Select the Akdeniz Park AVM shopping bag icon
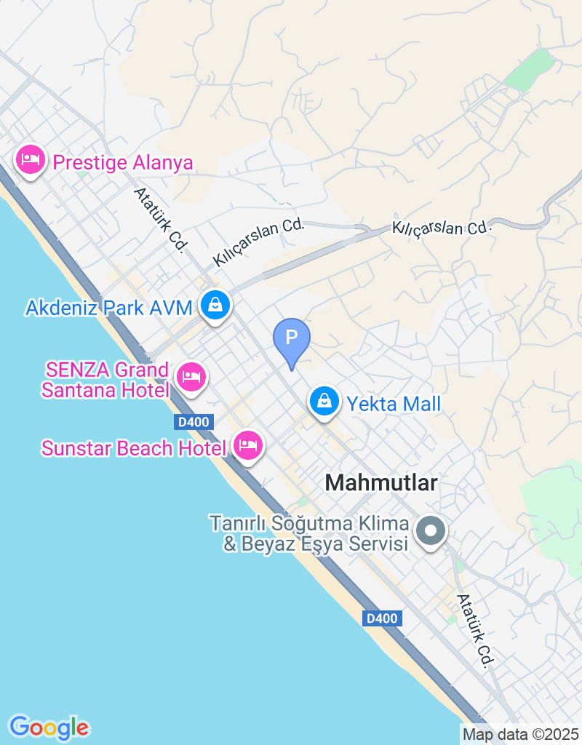click(215, 306)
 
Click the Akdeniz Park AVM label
click(109, 308)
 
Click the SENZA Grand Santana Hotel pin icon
click(191, 378)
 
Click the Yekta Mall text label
click(394, 404)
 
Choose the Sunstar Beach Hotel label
click(134, 448)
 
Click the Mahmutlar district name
click(382, 482)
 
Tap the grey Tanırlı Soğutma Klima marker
click(431, 531)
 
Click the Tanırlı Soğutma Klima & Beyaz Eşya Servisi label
click(308, 533)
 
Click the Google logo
click(49, 727)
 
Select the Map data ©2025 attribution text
click(521, 734)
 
